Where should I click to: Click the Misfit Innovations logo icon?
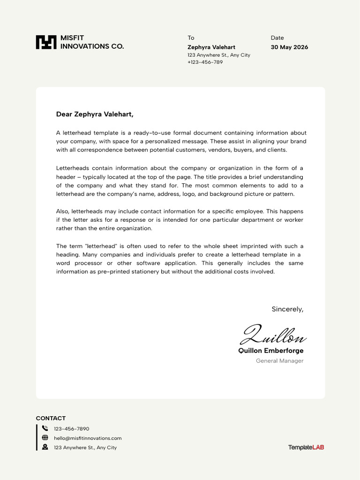pyautogui.click(x=46, y=42)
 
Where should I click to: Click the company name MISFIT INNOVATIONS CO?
pyautogui.click(x=92, y=42)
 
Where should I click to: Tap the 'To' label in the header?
pyautogui.click(x=191, y=38)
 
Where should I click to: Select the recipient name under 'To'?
pyautogui.click(x=211, y=47)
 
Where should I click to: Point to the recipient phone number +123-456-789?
pyautogui.click(x=205, y=62)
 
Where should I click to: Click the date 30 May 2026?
pyautogui.click(x=289, y=47)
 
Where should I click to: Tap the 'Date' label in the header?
pyautogui.click(x=277, y=38)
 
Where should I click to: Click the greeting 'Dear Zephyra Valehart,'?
pyautogui.click(x=95, y=114)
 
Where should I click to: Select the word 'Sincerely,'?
pyautogui.click(x=287, y=309)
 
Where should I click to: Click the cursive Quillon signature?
pyautogui.click(x=273, y=335)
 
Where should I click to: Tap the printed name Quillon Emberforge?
pyautogui.click(x=271, y=351)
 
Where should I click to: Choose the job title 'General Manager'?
pyautogui.click(x=279, y=361)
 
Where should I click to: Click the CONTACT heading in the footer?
pyautogui.click(x=51, y=418)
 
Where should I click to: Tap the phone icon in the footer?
pyautogui.click(x=45, y=428)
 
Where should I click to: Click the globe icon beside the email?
pyautogui.click(x=45, y=438)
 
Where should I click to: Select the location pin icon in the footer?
pyautogui.click(x=45, y=447)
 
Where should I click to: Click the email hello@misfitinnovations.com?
pyautogui.click(x=88, y=438)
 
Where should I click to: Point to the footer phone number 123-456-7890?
pyautogui.click(x=71, y=429)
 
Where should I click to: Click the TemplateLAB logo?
pyautogui.click(x=306, y=448)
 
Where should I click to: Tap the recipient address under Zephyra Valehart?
pyautogui.click(x=218, y=55)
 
